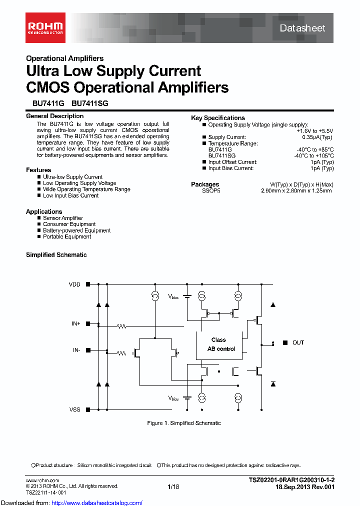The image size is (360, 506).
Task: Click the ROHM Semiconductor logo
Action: pyautogui.click(x=45, y=27)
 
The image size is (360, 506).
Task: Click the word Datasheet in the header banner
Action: pyautogui.click(x=302, y=28)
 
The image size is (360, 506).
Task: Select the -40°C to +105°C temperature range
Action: pyautogui.click(x=314, y=155)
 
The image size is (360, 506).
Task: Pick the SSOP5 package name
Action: pyautogui.click(x=211, y=190)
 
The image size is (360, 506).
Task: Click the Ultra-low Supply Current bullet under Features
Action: pyautogui.click(x=72, y=177)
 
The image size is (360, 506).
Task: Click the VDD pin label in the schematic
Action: pyautogui.click(x=74, y=284)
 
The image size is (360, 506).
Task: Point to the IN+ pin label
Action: pyautogui.click(x=75, y=324)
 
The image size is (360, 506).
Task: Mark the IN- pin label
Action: pyautogui.click(x=76, y=350)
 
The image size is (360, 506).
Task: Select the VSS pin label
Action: pyautogui.click(x=74, y=409)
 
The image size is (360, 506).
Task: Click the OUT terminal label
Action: pyautogui.click(x=298, y=342)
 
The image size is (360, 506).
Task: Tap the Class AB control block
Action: pyautogui.click(x=218, y=344)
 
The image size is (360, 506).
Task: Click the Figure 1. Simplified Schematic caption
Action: pyautogui.click(x=183, y=423)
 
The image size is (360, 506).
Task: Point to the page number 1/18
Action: pyautogui.click(x=173, y=486)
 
